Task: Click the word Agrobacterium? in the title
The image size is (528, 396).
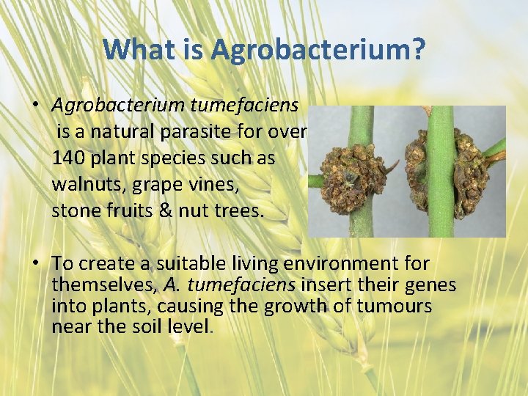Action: tap(318, 50)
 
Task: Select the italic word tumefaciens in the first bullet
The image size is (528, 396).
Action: tap(243, 105)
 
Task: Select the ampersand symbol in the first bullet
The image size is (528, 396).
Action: tap(170, 211)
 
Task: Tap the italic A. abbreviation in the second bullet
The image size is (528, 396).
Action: tap(171, 285)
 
